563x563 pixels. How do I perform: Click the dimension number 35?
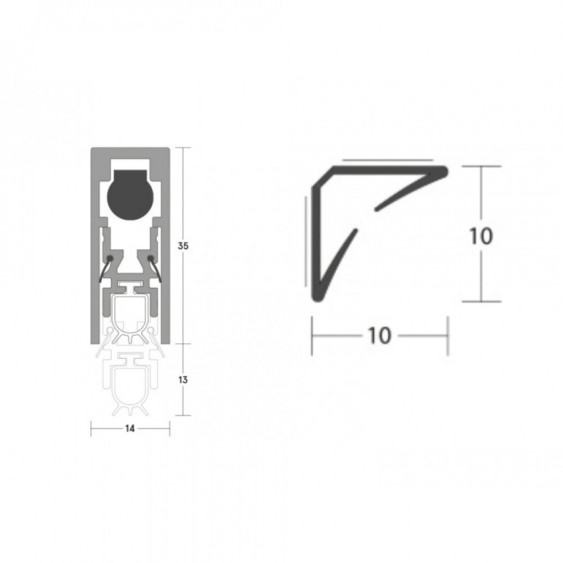click(183, 246)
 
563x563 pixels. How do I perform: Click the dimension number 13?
click(183, 380)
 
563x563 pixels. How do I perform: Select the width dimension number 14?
click(130, 429)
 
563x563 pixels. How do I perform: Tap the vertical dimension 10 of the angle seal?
click(481, 236)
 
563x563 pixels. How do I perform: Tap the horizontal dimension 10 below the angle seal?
click(379, 336)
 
